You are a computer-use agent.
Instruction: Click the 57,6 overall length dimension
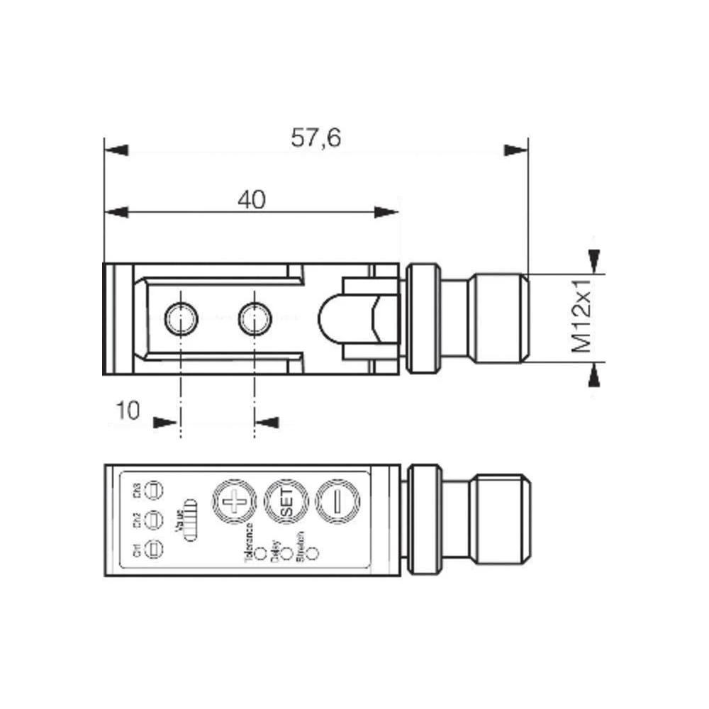tap(316, 138)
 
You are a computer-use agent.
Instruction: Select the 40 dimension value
tap(251, 201)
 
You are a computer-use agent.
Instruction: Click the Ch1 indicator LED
tap(154, 548)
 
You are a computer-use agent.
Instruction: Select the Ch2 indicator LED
tap(154, 519)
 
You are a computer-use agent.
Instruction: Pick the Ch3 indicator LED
tap(154, 489)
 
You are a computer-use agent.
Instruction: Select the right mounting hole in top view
tap(254, 317)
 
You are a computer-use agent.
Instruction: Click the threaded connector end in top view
tap(501, 317)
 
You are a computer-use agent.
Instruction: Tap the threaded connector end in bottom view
tap(501, 517)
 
